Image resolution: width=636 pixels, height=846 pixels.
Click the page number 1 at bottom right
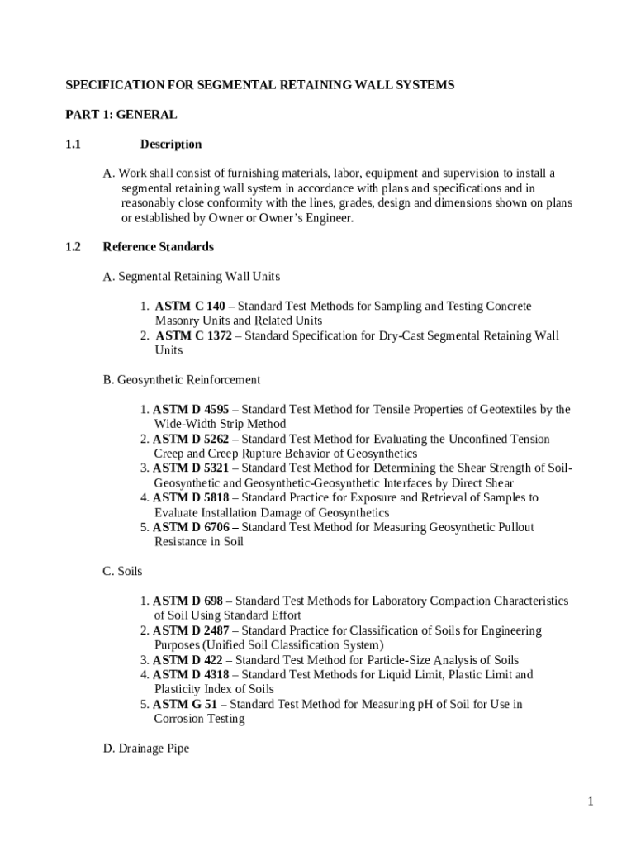click(591, 801)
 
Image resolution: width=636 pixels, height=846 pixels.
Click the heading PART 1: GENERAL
click(121, 115)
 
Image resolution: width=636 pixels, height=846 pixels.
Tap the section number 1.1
click(74, 145)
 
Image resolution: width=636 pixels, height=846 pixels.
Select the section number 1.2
click(74, 247)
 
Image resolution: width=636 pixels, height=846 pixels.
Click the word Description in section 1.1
click(171, 145)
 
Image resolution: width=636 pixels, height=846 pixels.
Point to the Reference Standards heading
click(158, 247)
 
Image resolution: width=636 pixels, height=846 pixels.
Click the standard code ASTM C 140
click(189, 307)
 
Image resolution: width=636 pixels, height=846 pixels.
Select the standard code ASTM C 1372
click(193, 336)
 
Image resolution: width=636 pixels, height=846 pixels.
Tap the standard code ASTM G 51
click(187, 705)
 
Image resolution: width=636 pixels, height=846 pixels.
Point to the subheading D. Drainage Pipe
click(146, 749)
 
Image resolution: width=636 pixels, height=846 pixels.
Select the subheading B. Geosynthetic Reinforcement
click(182, 380)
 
